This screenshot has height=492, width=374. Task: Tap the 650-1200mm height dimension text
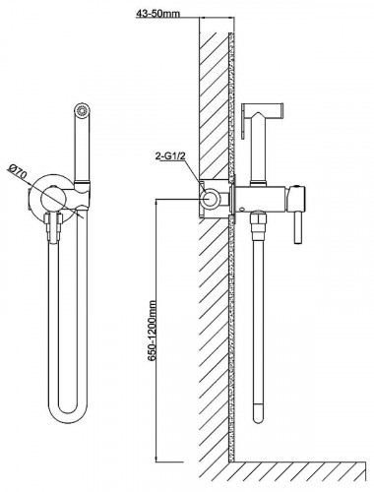152,331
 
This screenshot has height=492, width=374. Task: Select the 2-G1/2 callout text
170,156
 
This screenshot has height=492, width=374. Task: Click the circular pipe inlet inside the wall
210,199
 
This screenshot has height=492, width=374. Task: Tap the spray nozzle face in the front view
81,109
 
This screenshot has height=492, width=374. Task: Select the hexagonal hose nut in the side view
258,218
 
